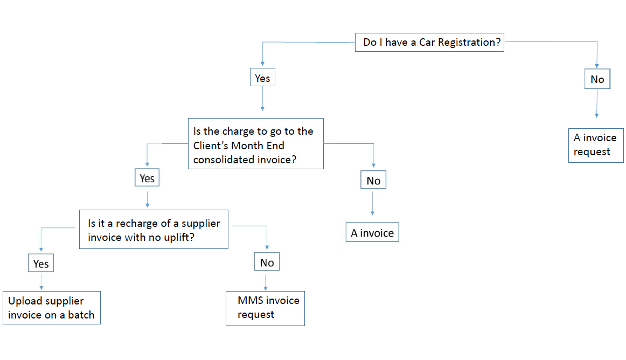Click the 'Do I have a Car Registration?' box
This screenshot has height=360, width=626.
coord(429,42)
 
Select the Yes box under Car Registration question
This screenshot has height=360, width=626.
coord(262,78)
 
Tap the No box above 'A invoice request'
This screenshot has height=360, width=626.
coord(597,79)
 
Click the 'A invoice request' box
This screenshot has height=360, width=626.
coord(596,145)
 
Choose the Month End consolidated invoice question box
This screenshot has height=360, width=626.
coord(255,144)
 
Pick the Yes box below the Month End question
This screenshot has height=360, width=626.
coord(147,178)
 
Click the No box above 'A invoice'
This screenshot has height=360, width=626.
coord(373,181)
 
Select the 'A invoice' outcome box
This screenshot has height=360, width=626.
coord(372,233)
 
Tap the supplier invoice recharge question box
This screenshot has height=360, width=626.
coord(154,230)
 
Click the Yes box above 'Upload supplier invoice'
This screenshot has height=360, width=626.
coord(41,263)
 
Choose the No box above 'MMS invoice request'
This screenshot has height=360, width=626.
coord(267,262)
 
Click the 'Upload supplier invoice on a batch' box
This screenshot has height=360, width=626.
coord(52,308)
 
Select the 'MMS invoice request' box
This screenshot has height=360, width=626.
coord(265,308)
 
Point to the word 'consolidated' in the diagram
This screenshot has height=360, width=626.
coord(223,159)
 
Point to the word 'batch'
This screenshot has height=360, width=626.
coord(81,315)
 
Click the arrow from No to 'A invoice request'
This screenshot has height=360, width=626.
coord(597,103)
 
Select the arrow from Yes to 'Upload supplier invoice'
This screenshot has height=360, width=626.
coord(41,281)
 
